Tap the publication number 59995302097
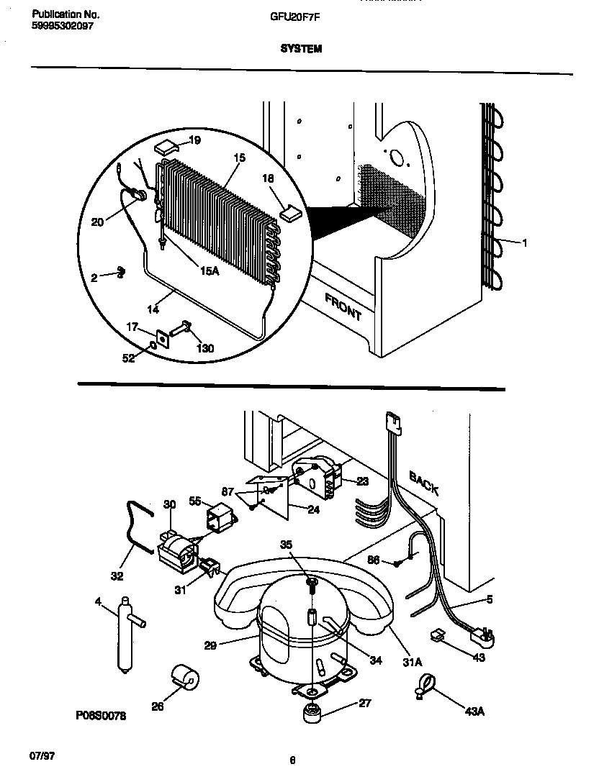(63, 25)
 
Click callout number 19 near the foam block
(194, 140)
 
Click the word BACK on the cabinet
(424, 483)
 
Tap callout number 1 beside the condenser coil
(524, 243)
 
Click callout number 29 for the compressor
(210, 645)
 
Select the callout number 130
(204, 349)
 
